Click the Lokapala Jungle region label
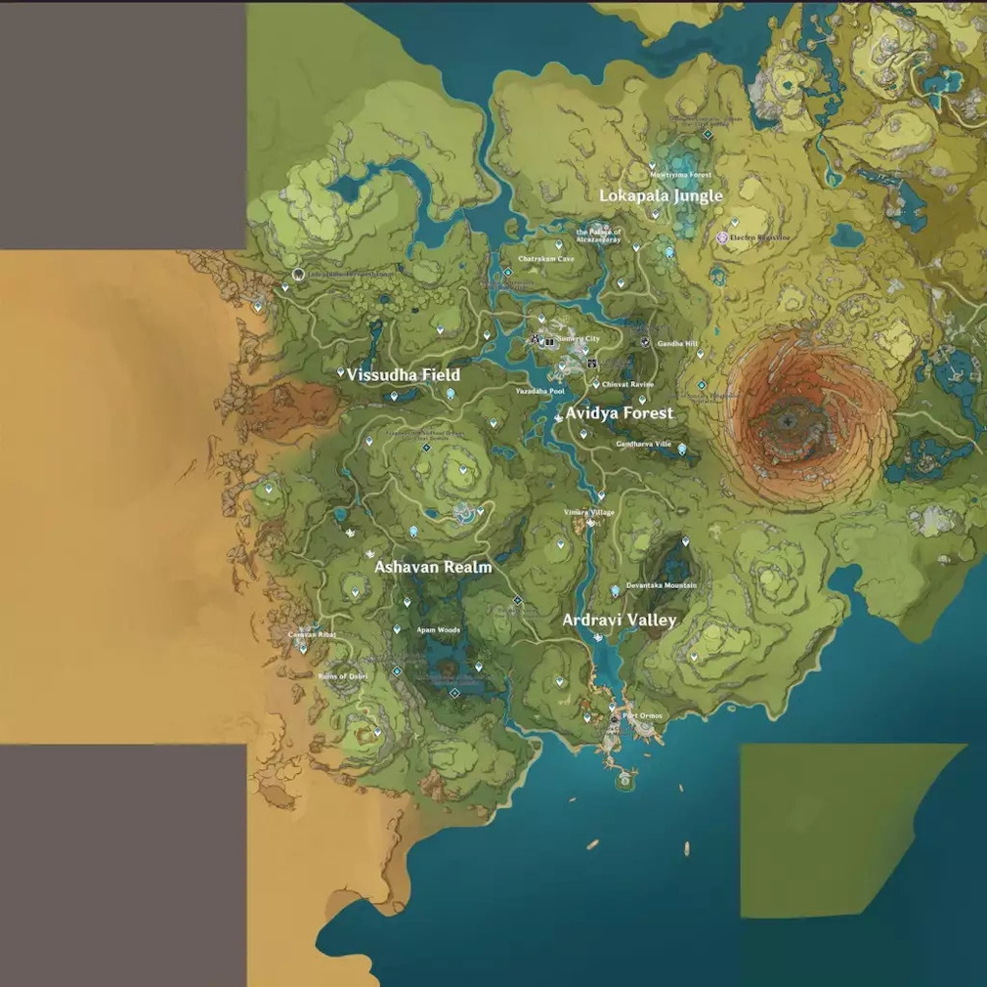[x=661, y=195]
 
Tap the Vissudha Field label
[x=403, y=374]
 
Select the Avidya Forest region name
[x=620, y=413]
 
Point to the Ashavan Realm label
[x=434, y=567]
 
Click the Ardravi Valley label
[x=620, y=620]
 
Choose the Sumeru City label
[x=578, y=338]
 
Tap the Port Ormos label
[x=642, y=715]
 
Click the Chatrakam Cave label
[x=545, y=259]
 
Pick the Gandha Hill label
[x=677, y=344]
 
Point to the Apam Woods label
[x=438, y=630]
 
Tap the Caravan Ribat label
[x=312, y=634]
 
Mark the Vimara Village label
[x=589, y=512]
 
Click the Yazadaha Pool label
[x=540, y=391]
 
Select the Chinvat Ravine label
[x=627, y=385]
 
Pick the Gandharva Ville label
[x=644, y=444]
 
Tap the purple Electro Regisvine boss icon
[x=722, y=237]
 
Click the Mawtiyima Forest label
[x=681, y=175]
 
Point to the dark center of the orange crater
[x=789, y=421]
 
